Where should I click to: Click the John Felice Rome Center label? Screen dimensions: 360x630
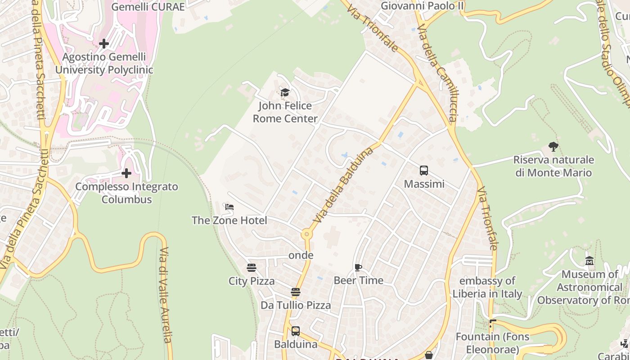[x=285, y=112]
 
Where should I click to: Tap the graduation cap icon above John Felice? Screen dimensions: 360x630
[x=285, y=93]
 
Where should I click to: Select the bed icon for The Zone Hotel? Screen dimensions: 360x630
[x=229, y=207]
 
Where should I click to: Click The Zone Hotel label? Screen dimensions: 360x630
[x=229, y=220]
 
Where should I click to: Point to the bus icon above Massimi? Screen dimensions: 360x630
[x=424, y=171]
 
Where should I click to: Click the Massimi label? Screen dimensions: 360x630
[x=424, y=184]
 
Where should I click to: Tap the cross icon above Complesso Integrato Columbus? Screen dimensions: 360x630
[x=126, y=173]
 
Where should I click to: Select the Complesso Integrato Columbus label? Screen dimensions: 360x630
[x=126, y=193]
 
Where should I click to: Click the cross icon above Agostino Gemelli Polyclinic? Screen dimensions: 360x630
[x=104, y=44]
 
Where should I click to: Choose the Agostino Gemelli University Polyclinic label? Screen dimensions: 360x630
[x=104, y=63]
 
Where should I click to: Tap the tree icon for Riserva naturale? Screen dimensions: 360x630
[x=553, y=146]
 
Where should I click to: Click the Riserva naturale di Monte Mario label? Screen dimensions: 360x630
[x=553, y=166]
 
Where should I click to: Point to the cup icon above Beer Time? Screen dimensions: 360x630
[x=358, y=267]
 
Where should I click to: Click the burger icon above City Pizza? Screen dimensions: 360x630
[x=252, y=268]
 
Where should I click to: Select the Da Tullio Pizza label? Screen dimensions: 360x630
[x=296, y=306]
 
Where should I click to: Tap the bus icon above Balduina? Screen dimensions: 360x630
[x=296, y=331]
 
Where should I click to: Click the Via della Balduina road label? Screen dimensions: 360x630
[x=344, y=185]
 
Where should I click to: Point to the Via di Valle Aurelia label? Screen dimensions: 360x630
[x=165, y=301]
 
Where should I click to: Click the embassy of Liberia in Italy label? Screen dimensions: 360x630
[x=487, y=288]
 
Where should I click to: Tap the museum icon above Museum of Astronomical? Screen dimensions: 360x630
[x=589, y=261]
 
